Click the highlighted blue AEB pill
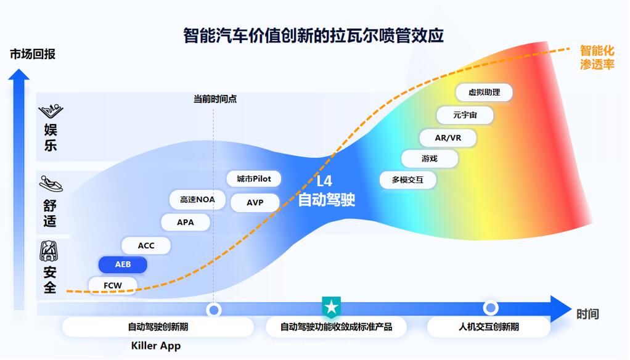point(123,264)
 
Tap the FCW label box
point(113,285)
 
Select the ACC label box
point(146,245)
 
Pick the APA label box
point(185,222)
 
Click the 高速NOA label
point(197,199)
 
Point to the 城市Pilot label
point(253,179)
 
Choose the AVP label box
point(255,202)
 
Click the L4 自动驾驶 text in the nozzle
point(326,190)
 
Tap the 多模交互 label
point(408,180)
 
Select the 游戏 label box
point(430,158)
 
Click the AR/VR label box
point(448,137)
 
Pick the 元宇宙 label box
point(464,115)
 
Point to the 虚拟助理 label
point(484,92)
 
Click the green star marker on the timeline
point(331,306)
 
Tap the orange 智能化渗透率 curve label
point(597,57)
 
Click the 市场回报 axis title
point(33,54)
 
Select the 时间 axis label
point(587,314)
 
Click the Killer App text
point(156,345)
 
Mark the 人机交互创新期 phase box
point(489,327)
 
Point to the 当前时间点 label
point(215,99)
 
